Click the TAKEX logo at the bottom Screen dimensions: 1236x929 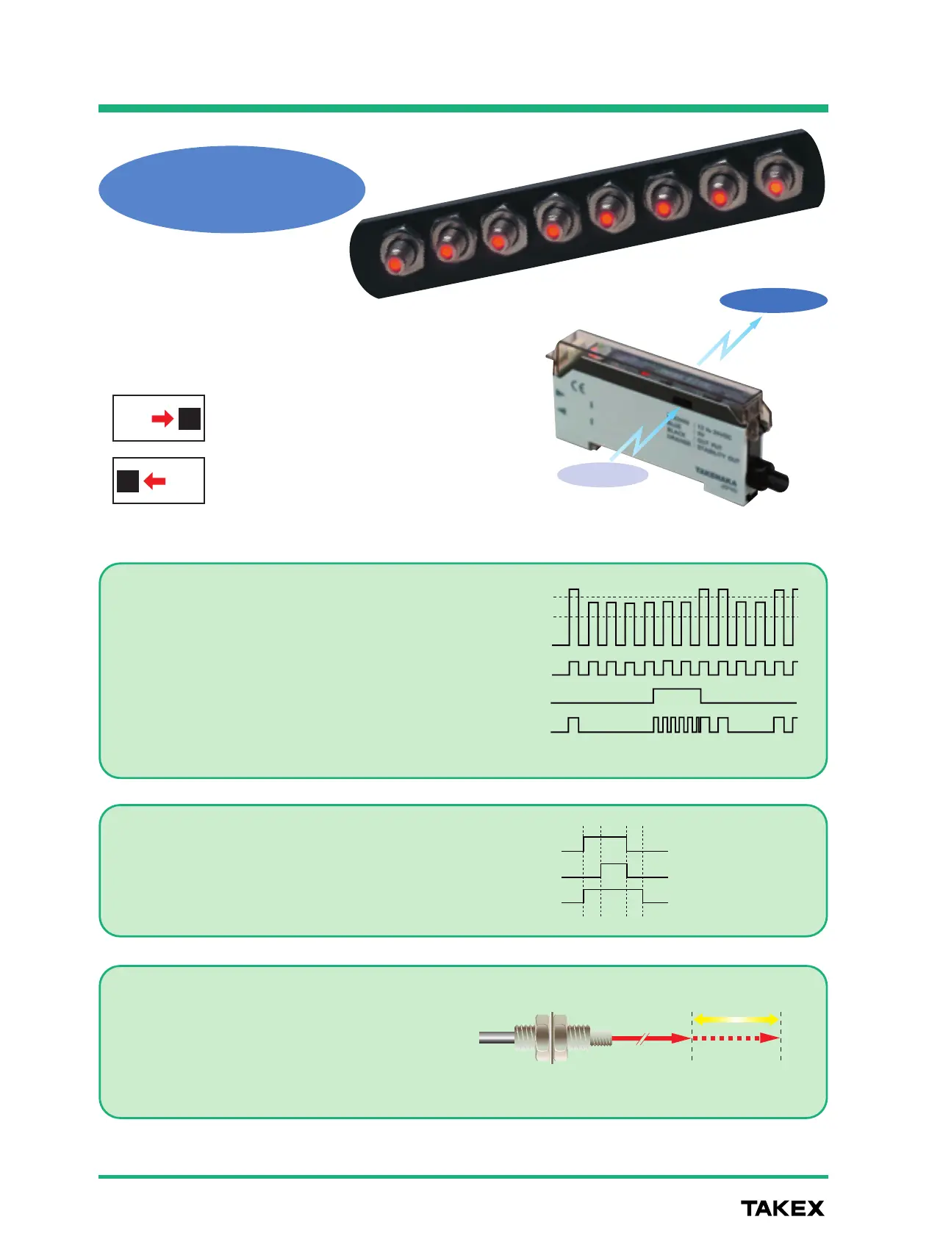point(782,1208)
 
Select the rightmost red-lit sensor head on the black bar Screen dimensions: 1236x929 point(775,187)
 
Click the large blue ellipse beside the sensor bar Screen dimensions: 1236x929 point(232,189)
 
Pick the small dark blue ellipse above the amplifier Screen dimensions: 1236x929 point(773,301)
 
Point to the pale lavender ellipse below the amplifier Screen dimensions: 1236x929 point(603,475)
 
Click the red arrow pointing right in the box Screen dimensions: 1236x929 point(162,419)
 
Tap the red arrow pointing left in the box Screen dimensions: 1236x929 point(154,481)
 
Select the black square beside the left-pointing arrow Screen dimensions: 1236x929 point(128,481)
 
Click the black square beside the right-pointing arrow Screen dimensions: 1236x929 point(190,419)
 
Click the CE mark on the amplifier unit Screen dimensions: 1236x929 point(579,388)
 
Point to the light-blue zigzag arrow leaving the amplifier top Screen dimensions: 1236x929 point(728,342)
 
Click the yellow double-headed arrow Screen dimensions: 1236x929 point(736,1019)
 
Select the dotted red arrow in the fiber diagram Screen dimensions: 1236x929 point(736,1038)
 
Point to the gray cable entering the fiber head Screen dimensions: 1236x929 point(497,1038)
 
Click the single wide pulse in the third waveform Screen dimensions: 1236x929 point(677,696)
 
